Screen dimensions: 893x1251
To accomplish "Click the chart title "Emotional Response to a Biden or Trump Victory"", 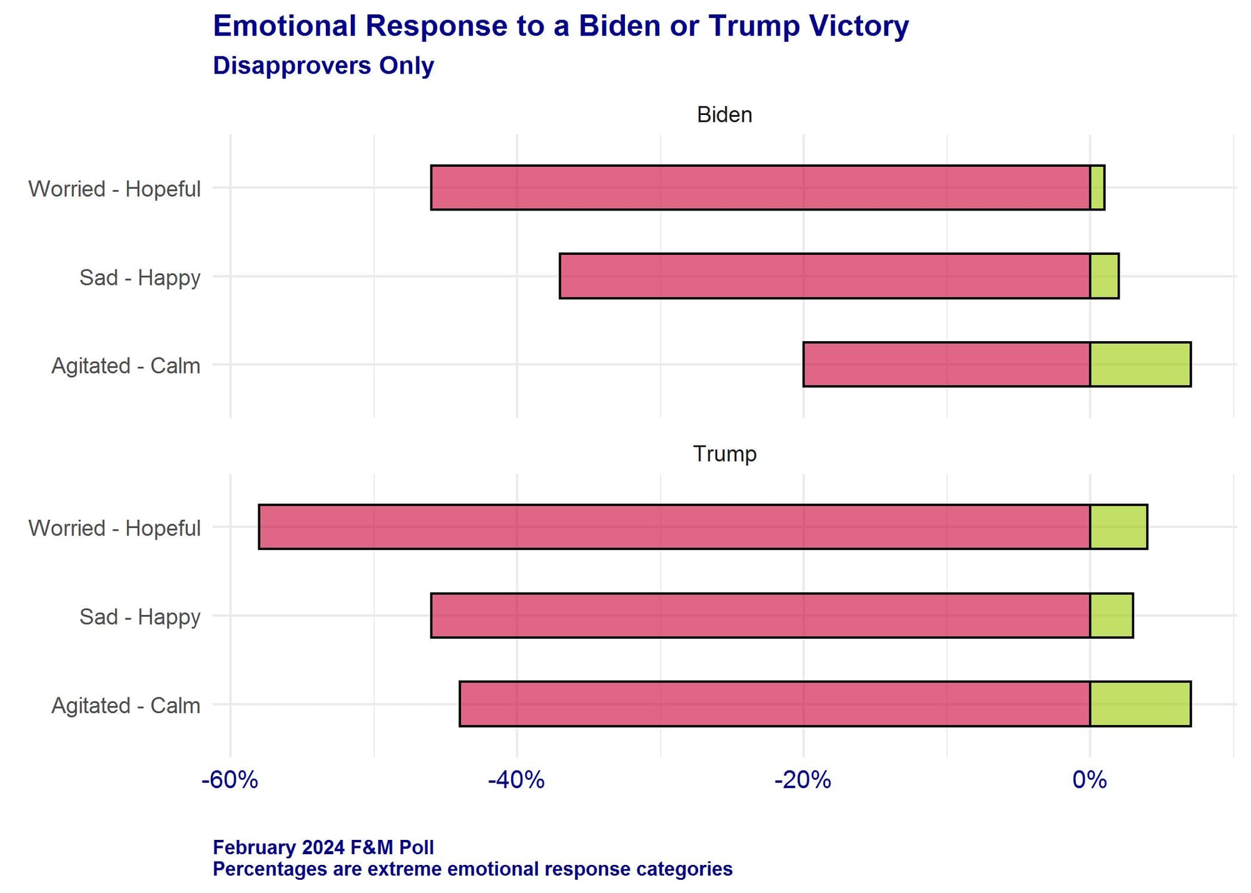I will [x=560, y=26].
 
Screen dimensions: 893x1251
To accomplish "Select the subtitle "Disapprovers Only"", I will [x=323, y=66].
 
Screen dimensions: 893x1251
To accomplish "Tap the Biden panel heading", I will [x=724, y=115].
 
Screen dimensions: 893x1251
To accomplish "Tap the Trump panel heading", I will [x=724, y=454].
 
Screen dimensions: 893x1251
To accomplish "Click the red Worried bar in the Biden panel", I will [x=760, y=187].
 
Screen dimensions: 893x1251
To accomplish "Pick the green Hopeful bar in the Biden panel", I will [x=1097, y=187].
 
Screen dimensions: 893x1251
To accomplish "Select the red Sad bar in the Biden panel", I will [x=824, y=276].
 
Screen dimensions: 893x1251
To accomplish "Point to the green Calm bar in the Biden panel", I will [x=1140, y=364].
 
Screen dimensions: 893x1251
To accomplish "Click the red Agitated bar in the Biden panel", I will [x=946, y=364].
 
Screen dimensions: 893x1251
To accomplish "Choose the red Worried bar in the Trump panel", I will [x=674, y=527].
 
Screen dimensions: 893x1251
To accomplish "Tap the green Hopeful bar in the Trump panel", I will [x=1118, y=527].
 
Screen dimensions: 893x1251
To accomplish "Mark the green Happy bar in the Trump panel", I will [x=1112, y=616].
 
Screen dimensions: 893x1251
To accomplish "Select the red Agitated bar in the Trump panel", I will [x=774, y=704].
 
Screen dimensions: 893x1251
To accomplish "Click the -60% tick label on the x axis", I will [x=230, y=780].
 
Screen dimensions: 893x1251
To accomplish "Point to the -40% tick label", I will [x=516, y=780].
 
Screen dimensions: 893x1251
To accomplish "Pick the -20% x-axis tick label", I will [x=803, y=780].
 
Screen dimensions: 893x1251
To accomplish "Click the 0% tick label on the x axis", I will [x=1089, y=780].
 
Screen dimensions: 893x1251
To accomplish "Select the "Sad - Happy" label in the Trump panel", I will [x=139, y=617].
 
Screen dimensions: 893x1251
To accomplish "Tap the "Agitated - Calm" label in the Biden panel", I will [x=126, y=366].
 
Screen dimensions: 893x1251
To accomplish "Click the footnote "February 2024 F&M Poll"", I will [x=323, y=847].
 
